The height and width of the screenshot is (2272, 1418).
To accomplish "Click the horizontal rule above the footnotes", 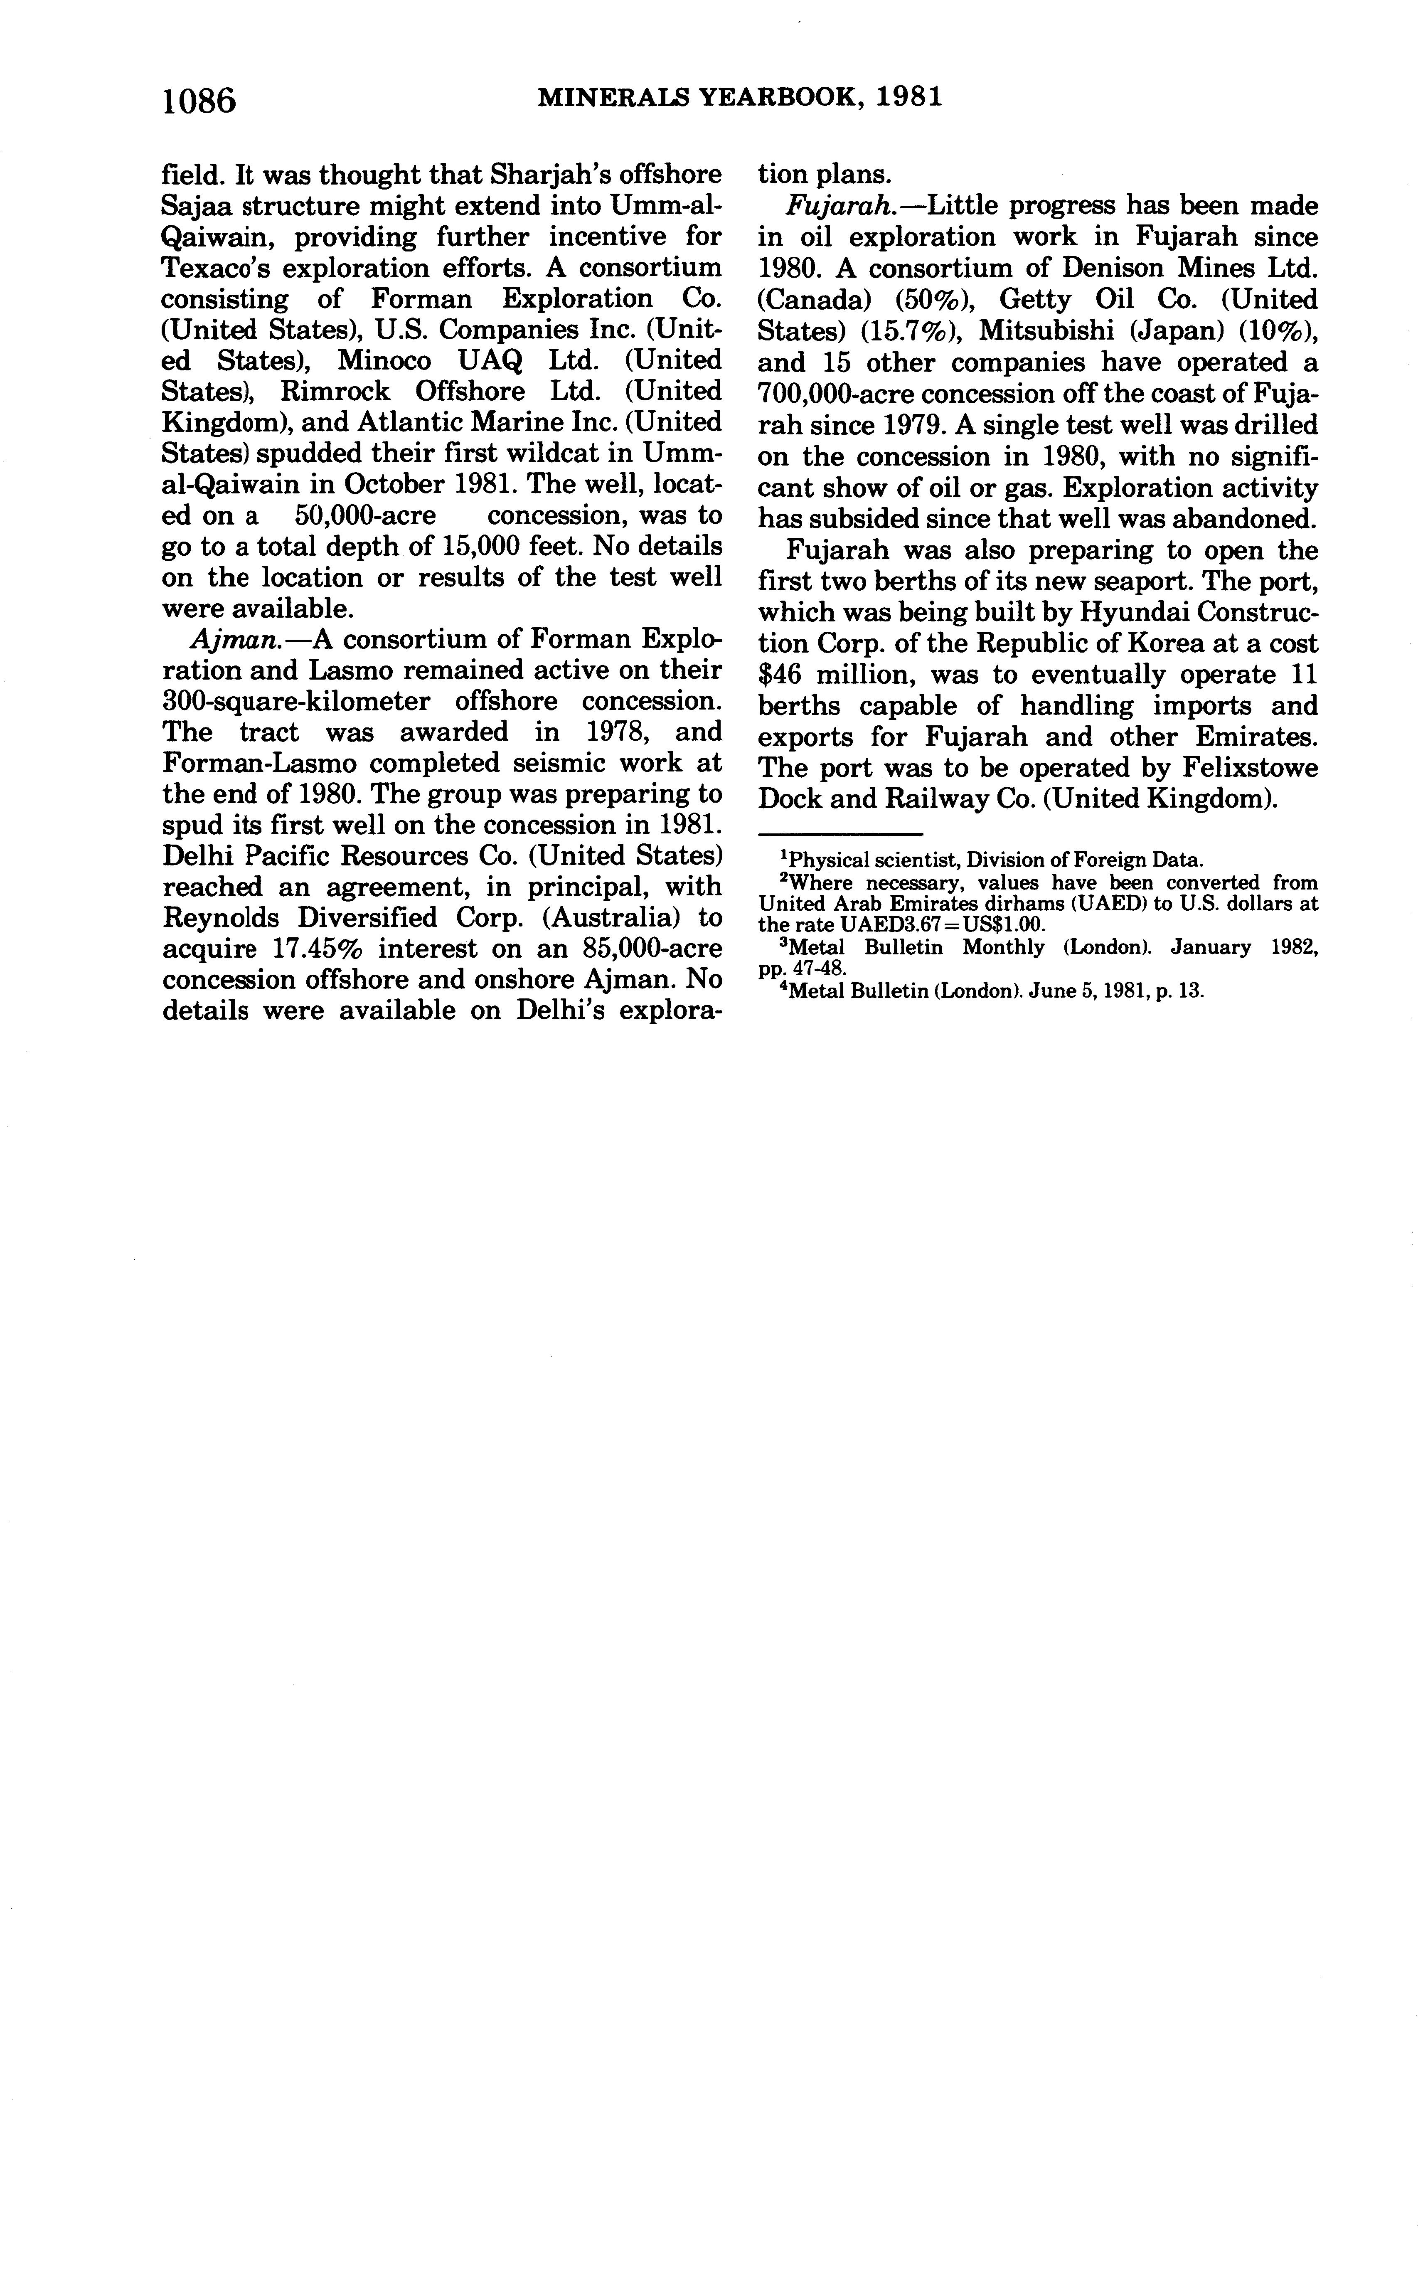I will coord(839,833).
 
